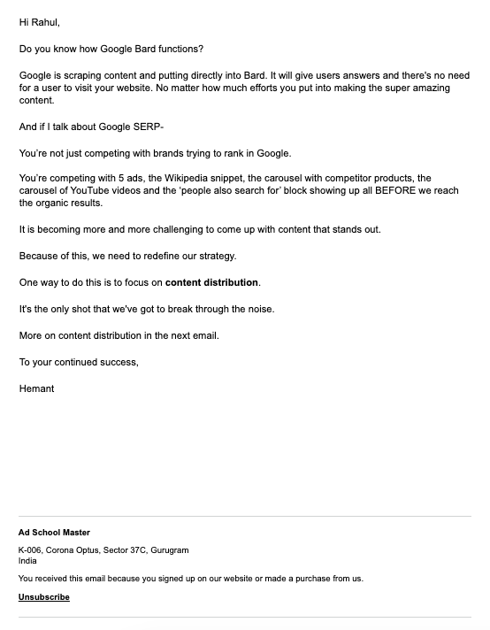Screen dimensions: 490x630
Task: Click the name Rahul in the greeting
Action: pyautogui.click(x=45, y=22)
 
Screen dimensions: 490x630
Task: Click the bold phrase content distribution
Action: pyautogui.click(x=211, y=283)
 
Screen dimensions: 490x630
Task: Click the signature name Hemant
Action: pyautogui.click(x=36, y=388)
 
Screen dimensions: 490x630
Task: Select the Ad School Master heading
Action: pyautogui.click(x=54, y=533)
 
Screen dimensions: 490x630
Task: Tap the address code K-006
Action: pyautogui.click(x=31, y=550)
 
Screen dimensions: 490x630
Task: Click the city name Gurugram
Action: pyautogui.click(x=169, y=550)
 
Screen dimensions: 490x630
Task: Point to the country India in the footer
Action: pyautogui.click(x=27, y=561)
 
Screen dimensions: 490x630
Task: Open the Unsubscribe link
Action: pyautogui.click(x=44, y=597)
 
